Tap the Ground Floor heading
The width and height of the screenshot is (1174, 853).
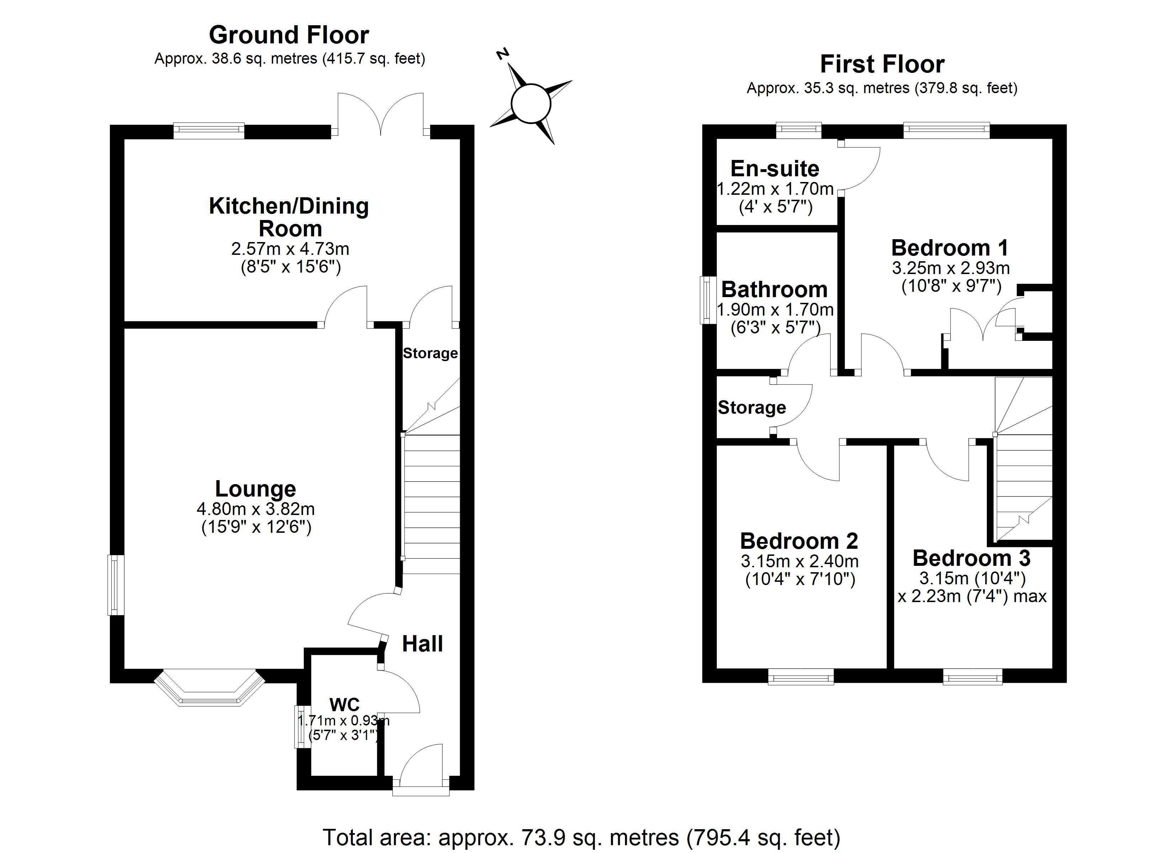[289, 35]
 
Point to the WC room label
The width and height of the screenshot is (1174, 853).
[344, 704]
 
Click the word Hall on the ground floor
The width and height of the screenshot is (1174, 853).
[422, 644]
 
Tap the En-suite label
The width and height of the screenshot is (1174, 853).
[774, 168]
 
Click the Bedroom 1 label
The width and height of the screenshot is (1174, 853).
[950, 248]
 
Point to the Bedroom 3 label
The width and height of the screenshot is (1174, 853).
[971, 558]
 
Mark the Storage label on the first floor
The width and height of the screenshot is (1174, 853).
[752, 408]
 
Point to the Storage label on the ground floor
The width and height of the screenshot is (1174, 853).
[430, 353]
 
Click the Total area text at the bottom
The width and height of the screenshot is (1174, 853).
[581, 836]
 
